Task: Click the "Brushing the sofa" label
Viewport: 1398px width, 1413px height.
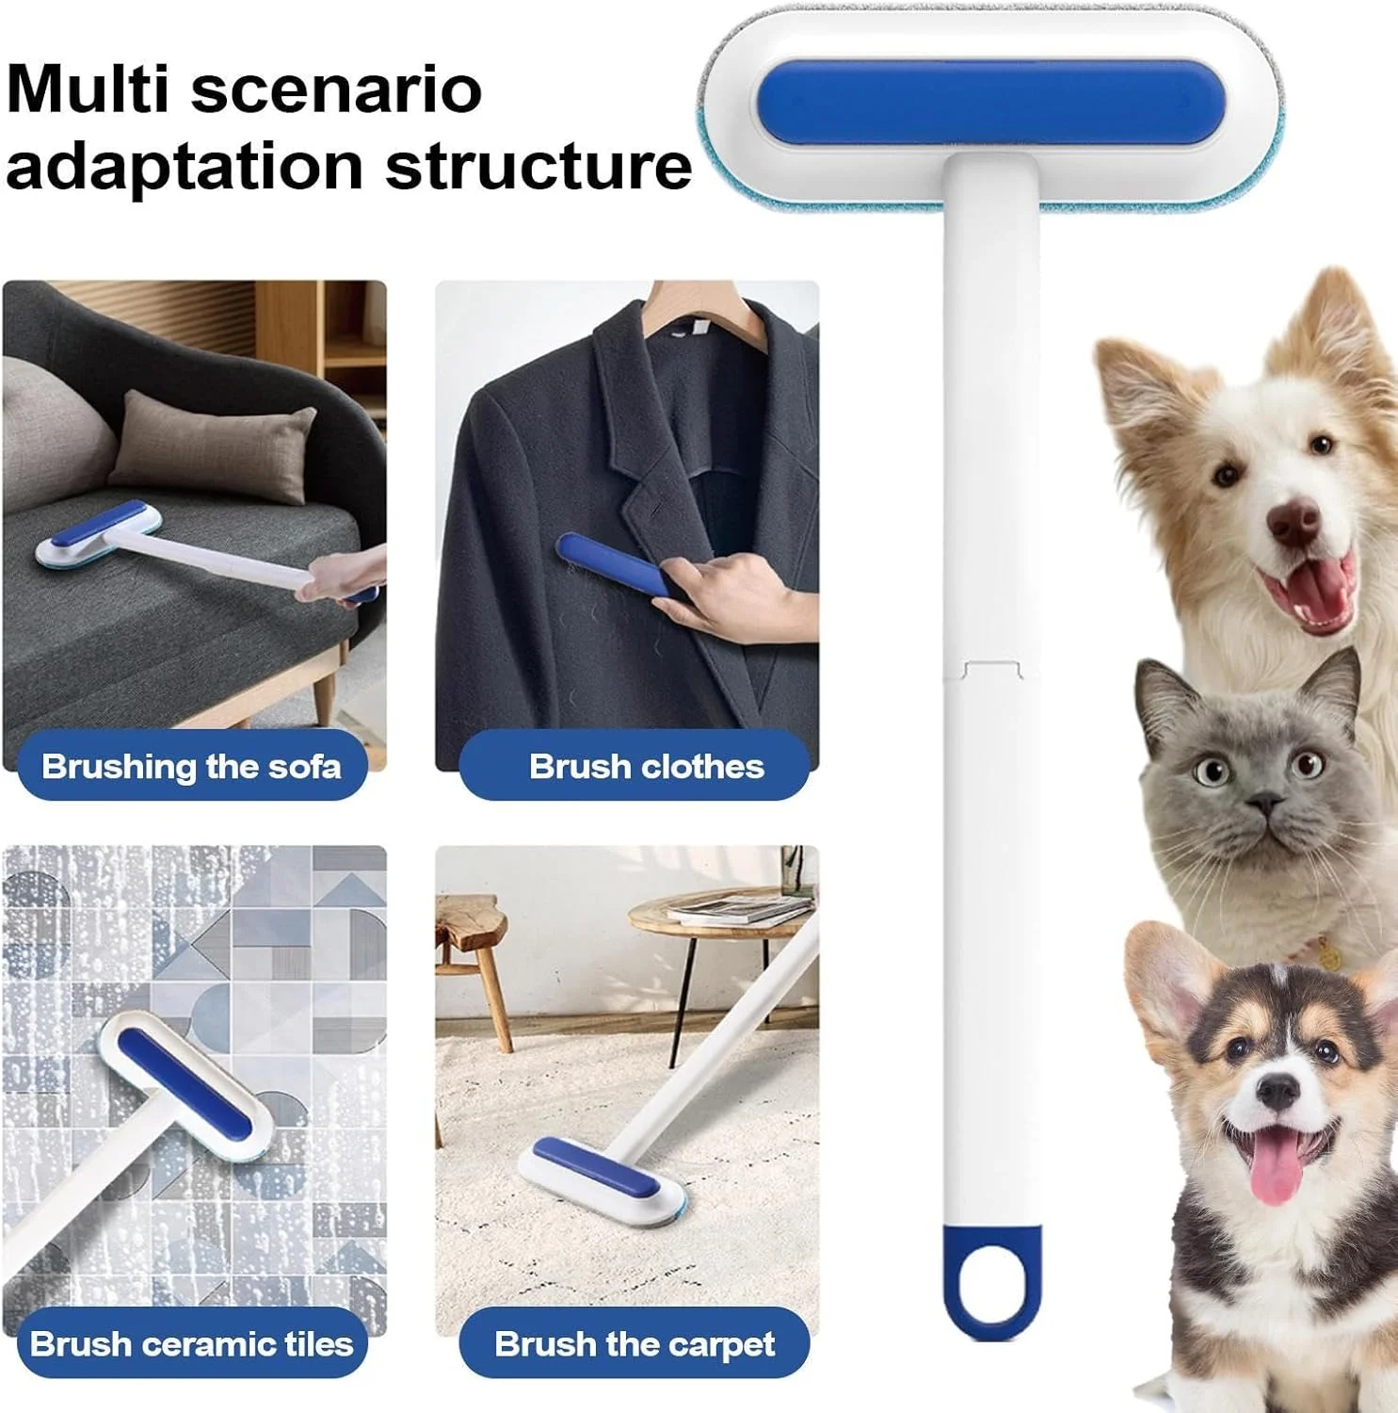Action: pyautogui.click(x=191, y=766)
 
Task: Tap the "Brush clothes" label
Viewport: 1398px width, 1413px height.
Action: pyautogui.click(x=647, y=766)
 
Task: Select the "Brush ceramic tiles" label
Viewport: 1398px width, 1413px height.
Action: pyautogui.click(x=191, y=1343)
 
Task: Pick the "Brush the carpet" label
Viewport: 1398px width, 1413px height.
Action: pyautogui.click(x=635, y=1343)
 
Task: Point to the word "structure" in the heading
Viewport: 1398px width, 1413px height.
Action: pyautogui.click(x=539, y=167)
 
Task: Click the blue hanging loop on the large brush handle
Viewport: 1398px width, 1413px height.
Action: pyautogui.click(x=991, y=1281)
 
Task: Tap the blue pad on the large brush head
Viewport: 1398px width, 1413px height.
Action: pyautogui.click(x=991, y=104)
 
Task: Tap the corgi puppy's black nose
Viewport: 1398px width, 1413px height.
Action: pyautogui.click(x=1277, y=1090)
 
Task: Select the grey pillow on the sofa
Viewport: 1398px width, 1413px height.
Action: pyautogui.click(x=214, y=447)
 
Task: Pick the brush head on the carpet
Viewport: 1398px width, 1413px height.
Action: pyautogui.click(x=603, y=1181)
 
